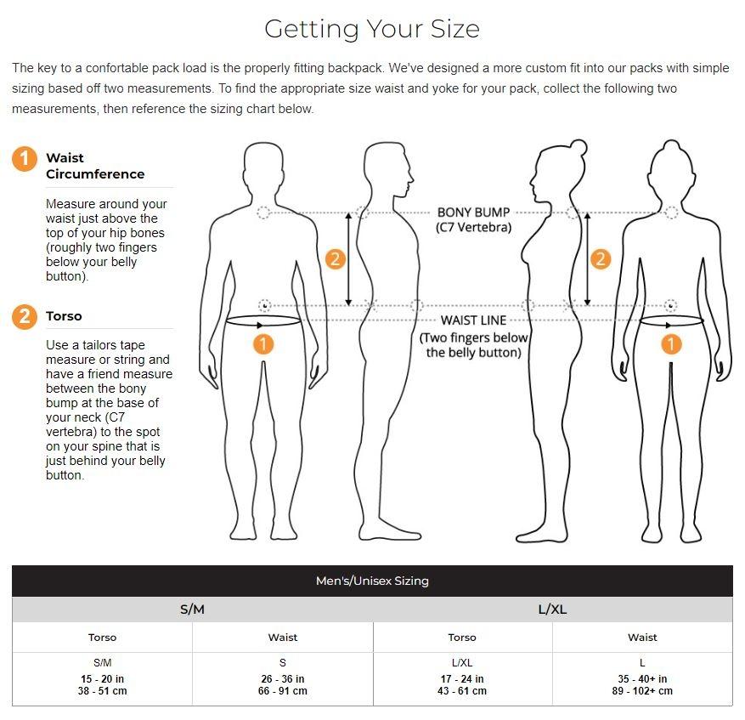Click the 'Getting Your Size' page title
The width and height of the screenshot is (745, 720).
click(372, 29)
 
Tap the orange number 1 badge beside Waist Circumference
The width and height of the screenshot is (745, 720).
click(25, 158)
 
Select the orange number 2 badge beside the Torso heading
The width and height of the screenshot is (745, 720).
click(25, 317)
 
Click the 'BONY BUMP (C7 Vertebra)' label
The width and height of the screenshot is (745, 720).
click(473, 219)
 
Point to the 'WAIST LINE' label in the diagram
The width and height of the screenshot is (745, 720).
click(473, 320)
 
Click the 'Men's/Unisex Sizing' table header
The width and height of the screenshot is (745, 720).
click(372, 581)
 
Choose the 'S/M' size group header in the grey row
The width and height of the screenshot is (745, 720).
click(193, 609)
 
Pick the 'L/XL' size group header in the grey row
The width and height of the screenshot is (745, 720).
click(552, 609)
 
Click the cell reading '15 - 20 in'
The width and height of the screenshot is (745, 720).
click(102, 678)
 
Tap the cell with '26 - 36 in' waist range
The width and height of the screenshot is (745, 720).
click(283, 678)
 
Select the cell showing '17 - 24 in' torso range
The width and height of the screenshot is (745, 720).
click(462, 678)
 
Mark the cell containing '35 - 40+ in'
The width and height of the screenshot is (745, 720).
click(642, 678)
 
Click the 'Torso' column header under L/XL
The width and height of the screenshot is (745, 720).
click(462, 638)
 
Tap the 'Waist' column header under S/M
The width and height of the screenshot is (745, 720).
click(283, 638)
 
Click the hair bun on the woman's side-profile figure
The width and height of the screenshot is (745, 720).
click(579, 147)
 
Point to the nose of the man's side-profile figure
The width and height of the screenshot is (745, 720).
click(411, 179)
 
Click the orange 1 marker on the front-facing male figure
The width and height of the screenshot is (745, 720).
click(263, 344)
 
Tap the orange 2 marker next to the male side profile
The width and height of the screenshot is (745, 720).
click(335, 259)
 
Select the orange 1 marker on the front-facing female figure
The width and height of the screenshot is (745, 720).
click(671, 344)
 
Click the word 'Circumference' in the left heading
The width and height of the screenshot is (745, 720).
click(95, 174)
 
